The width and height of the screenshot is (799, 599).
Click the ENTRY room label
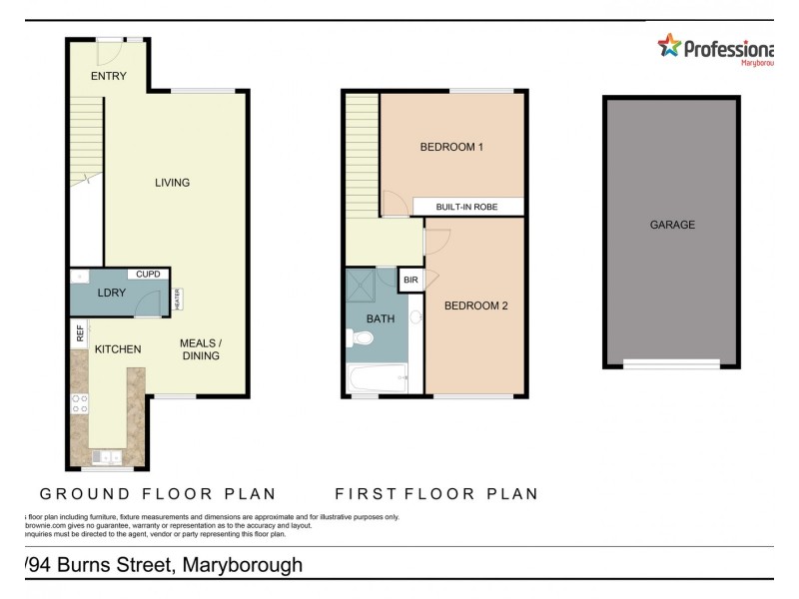[x=109, y=76]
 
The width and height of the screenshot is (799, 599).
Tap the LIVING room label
[x=172, y=183]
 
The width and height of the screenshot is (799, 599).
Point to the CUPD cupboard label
[x=148, y=274]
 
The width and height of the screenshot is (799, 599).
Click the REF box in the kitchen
[x=79, y=334]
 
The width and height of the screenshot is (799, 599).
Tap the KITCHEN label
[x=117, y=349]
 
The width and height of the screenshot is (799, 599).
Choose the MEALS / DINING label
[x=200, y=349]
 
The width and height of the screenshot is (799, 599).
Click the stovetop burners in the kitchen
[x=79, y=403]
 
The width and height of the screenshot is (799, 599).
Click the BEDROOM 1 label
[x=451, y=148]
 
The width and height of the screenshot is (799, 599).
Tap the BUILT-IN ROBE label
[x=466, y=208]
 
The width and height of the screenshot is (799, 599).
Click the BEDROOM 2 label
[x=476, y=306]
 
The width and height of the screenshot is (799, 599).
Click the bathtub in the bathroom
[x=377, y=378]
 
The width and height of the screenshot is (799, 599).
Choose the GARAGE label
[x=672, y=226]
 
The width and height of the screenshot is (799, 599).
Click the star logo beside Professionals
[x=668, y=45]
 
